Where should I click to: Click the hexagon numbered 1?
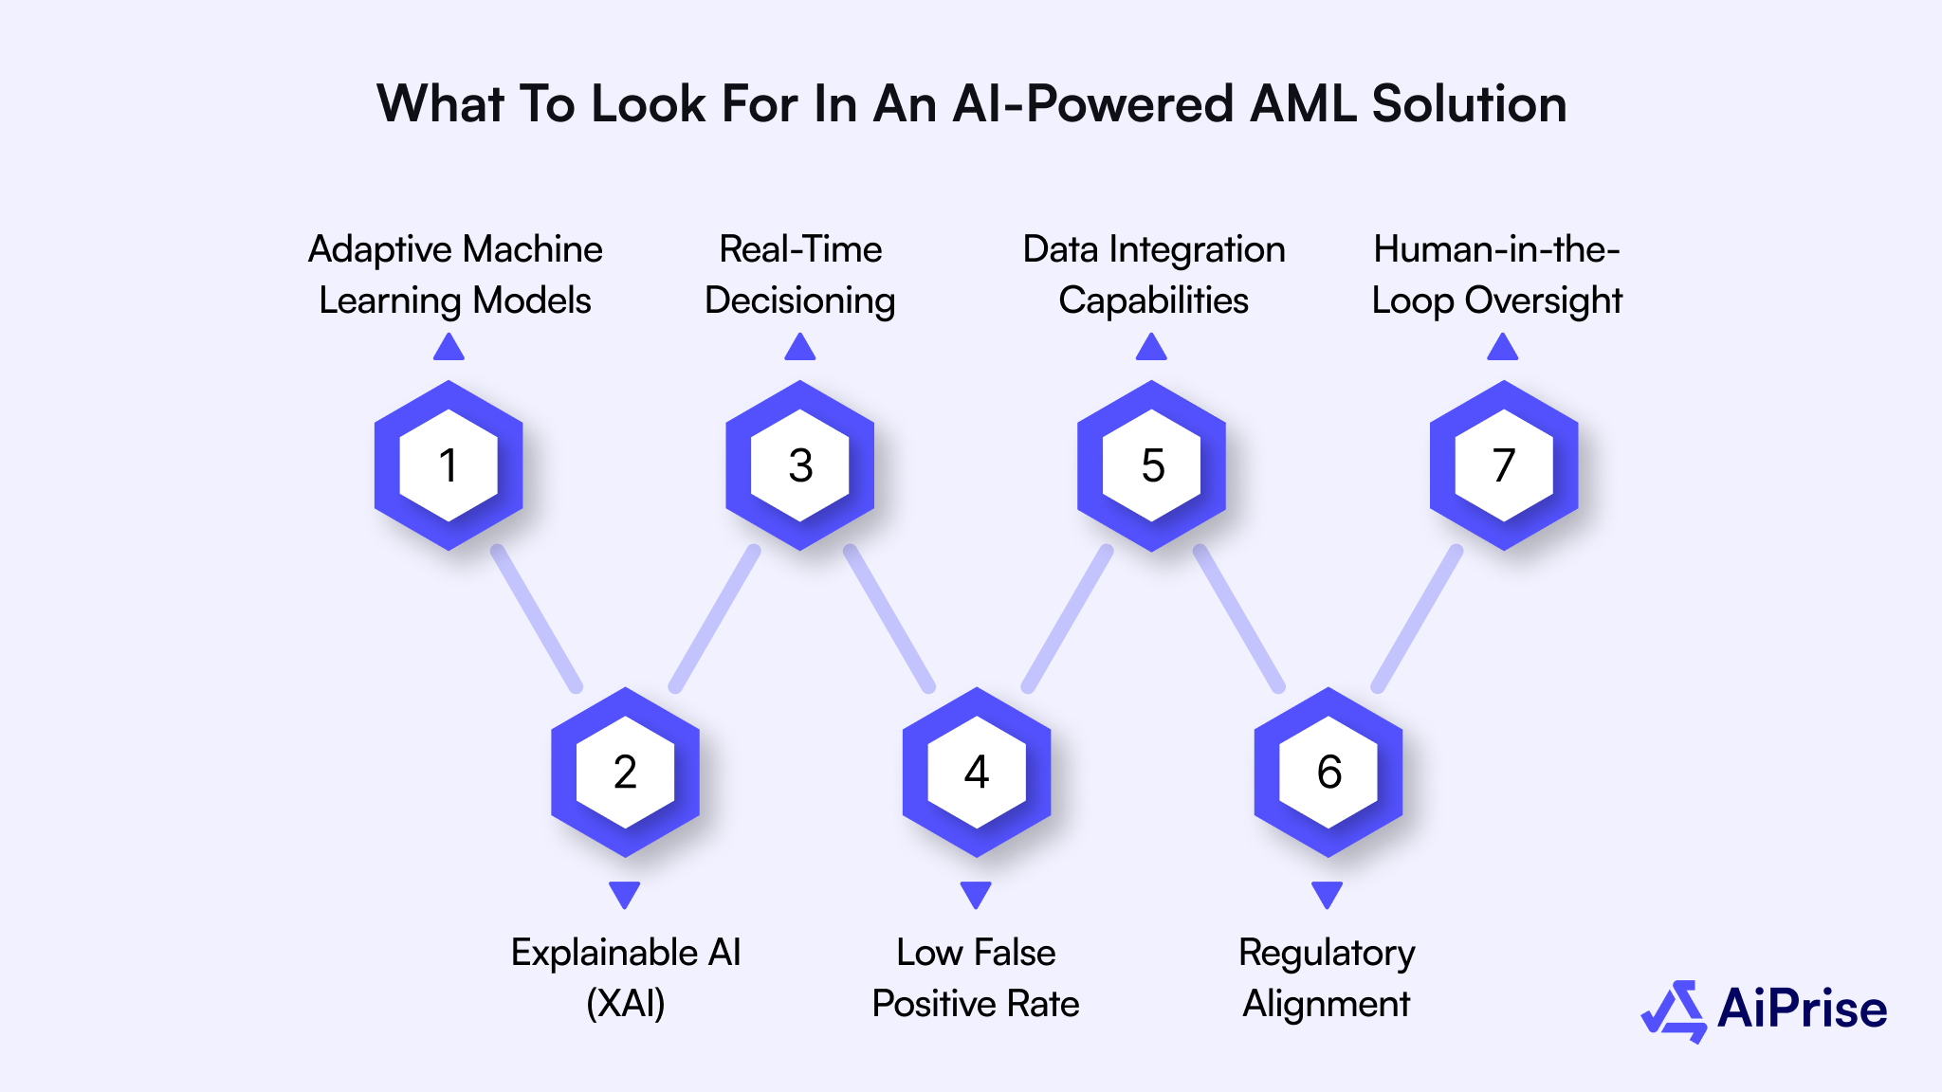(x=449, y=465)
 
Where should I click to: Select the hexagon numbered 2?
(x=625, y=772)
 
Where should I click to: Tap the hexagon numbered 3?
(x=800, y=465)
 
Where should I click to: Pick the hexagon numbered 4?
(x=977, y=772)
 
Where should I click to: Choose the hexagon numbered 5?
(x=1152, y=465)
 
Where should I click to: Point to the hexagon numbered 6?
(x=1328, y=772)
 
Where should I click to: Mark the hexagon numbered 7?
(x=1504, y=465)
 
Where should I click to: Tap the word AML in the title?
(x=1303, y=103)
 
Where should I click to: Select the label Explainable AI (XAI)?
(x=626, y=977)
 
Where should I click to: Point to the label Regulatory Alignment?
(x=1327, y=977)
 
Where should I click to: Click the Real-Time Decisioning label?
(x=800, y=275)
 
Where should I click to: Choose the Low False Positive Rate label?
(x=976, y=977)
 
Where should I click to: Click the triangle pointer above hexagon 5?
(x=1151, y=348)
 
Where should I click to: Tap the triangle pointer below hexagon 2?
(x=625, y=894)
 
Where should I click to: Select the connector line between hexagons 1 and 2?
(x=537, y=619)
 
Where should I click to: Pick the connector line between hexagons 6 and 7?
(x=1417, y=619)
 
